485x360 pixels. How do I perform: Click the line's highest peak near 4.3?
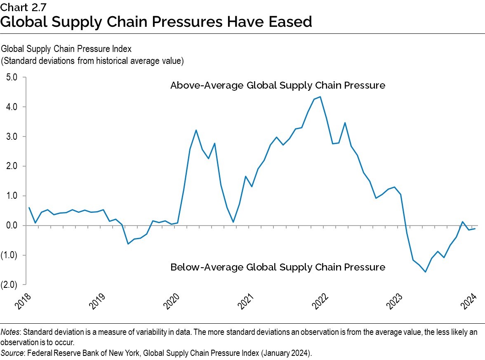pyautogui.click(x=320, y=97)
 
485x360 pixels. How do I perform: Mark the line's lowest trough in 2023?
pyautogui.click(x=425, y=272)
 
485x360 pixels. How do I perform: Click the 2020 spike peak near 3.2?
pyautogui.click(x=196, y=130)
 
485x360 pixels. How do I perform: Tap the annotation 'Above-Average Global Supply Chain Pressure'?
pyautogui.click(x=278, y=86)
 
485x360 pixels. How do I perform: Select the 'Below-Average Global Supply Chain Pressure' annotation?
pyautogui.click(x=278, y=267)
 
